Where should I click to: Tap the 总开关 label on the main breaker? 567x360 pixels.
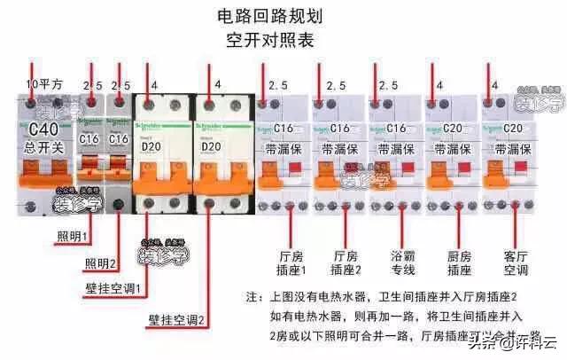[x=35, y=148]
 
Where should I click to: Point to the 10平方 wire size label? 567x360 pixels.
[x=44, y=86]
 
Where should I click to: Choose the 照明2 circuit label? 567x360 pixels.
[x=102, y=263]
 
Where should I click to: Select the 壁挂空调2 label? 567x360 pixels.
[x=178, y=318]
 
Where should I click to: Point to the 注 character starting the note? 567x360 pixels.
[x=252, y=295]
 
